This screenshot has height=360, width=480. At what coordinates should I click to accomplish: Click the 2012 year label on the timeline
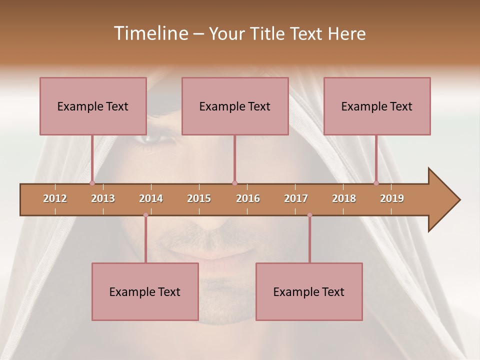(55, 198)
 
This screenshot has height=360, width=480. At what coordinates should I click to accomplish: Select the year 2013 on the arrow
(103, 198)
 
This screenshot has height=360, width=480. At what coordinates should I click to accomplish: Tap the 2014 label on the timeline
(151, 198)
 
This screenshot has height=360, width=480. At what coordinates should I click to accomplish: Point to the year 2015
(199, 198)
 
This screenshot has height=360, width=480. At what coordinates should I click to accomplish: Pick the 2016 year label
(248, 198)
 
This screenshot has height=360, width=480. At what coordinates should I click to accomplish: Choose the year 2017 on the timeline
(296, 198)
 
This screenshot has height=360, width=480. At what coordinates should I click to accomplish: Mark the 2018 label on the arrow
(344, 198)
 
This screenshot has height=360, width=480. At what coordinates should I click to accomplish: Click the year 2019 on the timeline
(392, 198)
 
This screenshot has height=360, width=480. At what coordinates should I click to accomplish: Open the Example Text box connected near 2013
(92, 106)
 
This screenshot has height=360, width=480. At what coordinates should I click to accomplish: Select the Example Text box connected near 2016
(234, 106)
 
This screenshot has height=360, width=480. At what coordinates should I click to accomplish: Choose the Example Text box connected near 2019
(376, 106)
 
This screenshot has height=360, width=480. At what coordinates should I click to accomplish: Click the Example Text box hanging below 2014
(145, 291)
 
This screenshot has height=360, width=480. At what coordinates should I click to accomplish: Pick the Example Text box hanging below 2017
(309, 291)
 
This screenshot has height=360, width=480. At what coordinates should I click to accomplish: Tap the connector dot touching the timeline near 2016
(234, 183)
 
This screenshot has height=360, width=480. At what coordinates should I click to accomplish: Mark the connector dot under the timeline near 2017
(309, 215)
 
